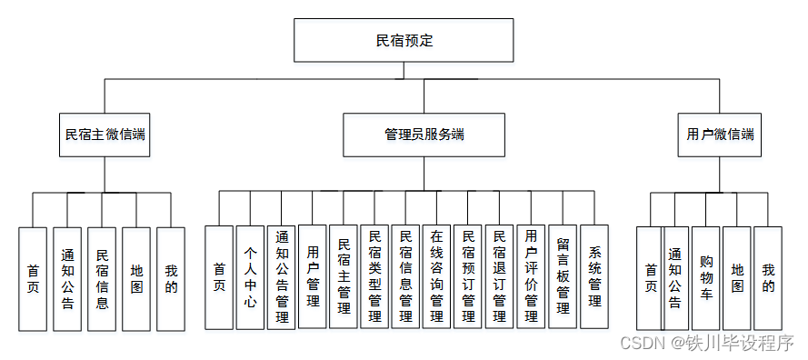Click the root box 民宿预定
point(404,42)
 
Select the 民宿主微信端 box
point(105,135)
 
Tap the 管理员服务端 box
point(424,135)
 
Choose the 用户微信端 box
point(720,135)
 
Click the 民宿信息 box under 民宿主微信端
point(102,277)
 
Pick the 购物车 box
point(706,277)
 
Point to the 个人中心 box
point(250,277)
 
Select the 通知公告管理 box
point(282,277)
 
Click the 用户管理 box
point(313,277)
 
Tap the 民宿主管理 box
point(344,277)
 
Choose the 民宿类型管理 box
point(374,277)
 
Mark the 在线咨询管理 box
point(437,277)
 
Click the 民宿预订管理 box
point(468,277)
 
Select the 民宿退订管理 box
point(499,277)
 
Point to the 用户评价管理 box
point(531,277)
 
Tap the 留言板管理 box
point(562,277)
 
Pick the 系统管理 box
point(594,277)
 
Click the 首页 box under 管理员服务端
point(219,277)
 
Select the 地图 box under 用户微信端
point(737,277)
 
